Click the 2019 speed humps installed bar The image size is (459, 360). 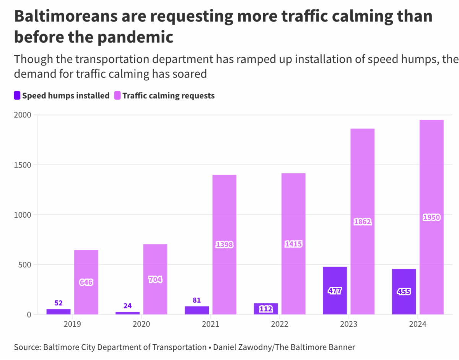tap(59, 311)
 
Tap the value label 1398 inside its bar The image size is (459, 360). tap(224, 245)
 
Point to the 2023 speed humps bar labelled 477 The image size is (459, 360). tap(335, 290)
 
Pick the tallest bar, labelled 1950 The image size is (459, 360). tap(431, 217)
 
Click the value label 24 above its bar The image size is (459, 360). tap(127, 306)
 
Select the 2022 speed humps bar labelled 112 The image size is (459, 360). tap(265, 308)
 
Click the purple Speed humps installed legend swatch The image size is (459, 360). tap(17, 96)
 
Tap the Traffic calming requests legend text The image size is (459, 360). tap(168, 96)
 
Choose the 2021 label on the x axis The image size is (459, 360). tap(210, 324)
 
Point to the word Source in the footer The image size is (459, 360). tap(27, 347)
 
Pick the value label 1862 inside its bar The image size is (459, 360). tap(363, 222)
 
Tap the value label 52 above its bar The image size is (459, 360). tap(59, 303)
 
